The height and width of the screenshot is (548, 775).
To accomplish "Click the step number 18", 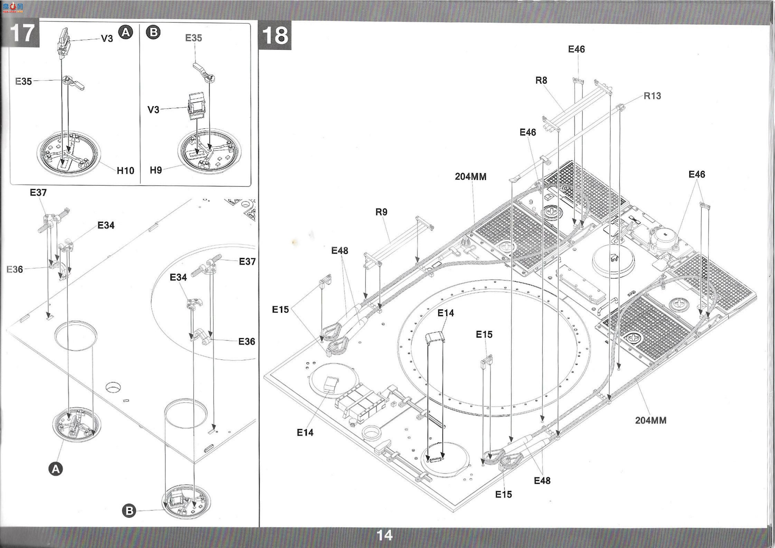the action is click(x=275, y=36).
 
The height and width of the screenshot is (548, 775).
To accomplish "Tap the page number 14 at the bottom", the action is click(x=384, y=535).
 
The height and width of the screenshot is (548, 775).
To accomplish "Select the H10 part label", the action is click(x=125, y=170).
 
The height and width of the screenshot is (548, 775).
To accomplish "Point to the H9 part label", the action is click(x=156, y=170).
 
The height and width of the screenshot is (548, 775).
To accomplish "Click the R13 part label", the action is click(x=652, y=96).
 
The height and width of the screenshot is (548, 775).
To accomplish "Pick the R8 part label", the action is click(x=541, y=80).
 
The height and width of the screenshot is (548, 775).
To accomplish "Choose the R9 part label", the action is click(x=381, y=212).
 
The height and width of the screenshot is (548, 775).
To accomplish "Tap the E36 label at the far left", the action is click(x=15, y=269).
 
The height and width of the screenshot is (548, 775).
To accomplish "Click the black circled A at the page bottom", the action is click(x=56, y=469).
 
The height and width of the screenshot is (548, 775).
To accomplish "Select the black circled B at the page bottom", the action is click(x=129, y=511).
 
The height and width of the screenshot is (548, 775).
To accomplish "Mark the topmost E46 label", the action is click(x=576, y=49).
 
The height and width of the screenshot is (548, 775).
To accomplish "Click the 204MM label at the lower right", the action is click(x=651, y=420).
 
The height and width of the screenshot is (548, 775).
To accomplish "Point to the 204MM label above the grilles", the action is click(x=470, y=177).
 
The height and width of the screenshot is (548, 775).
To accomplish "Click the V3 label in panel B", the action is click(x=153, y=110).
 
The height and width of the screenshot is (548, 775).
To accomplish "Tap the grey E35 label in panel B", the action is click(x=194, y=38).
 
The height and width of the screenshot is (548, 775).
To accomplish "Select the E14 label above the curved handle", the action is click(x=446, y=313).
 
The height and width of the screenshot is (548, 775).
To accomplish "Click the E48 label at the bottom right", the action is click(x=542, y=480).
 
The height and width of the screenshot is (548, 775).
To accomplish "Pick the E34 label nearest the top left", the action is click(x=106, y=225).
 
